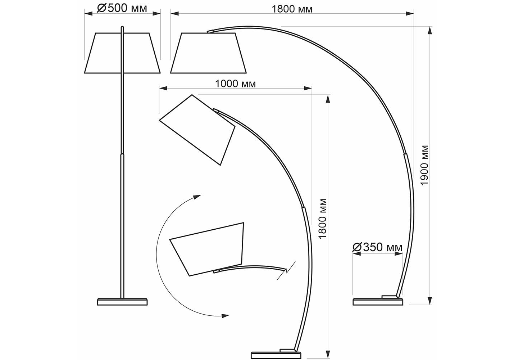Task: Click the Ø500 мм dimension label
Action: click(x=122, y=8)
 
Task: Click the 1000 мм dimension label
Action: click(x=235, y=84)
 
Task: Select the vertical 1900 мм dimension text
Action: click(x=425, y=165)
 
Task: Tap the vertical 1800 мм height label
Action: click(x=323, y=219)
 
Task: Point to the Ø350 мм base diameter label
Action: click(x=377, y=247)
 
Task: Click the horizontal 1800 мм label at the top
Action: click(x=292, y=9)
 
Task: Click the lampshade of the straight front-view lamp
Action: click(x=122, y=53)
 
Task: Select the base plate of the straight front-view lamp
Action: click(x=122, y=302)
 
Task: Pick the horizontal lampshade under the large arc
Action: click(x=208, y=53)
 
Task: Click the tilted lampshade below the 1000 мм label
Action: click(x=197, y=130)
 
